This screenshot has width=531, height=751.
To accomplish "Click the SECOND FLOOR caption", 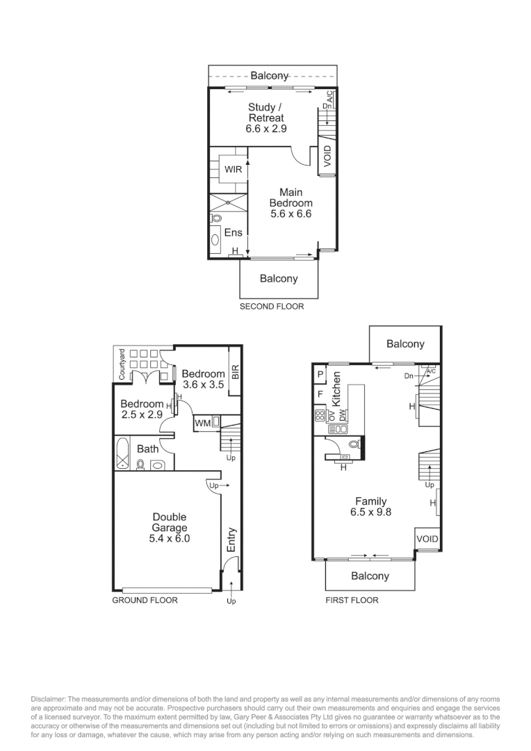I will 272,306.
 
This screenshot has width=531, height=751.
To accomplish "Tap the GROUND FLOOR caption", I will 145,600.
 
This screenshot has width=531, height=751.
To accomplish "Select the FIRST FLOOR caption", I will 352,600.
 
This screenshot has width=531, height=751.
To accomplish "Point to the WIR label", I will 232,169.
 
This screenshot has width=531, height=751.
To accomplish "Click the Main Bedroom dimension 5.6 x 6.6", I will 291,214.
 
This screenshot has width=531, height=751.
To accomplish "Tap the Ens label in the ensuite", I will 233,233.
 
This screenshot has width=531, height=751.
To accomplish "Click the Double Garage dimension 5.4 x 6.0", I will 170,538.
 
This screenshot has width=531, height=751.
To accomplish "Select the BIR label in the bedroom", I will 235,372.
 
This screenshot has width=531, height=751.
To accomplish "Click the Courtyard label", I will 122,364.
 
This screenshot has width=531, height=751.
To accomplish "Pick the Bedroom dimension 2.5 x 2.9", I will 142,414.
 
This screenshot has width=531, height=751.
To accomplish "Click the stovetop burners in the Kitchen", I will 320,416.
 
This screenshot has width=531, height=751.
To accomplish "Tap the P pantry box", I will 320,374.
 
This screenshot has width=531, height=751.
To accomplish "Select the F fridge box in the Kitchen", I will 320,394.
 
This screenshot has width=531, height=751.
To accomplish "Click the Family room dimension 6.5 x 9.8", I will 370,512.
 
